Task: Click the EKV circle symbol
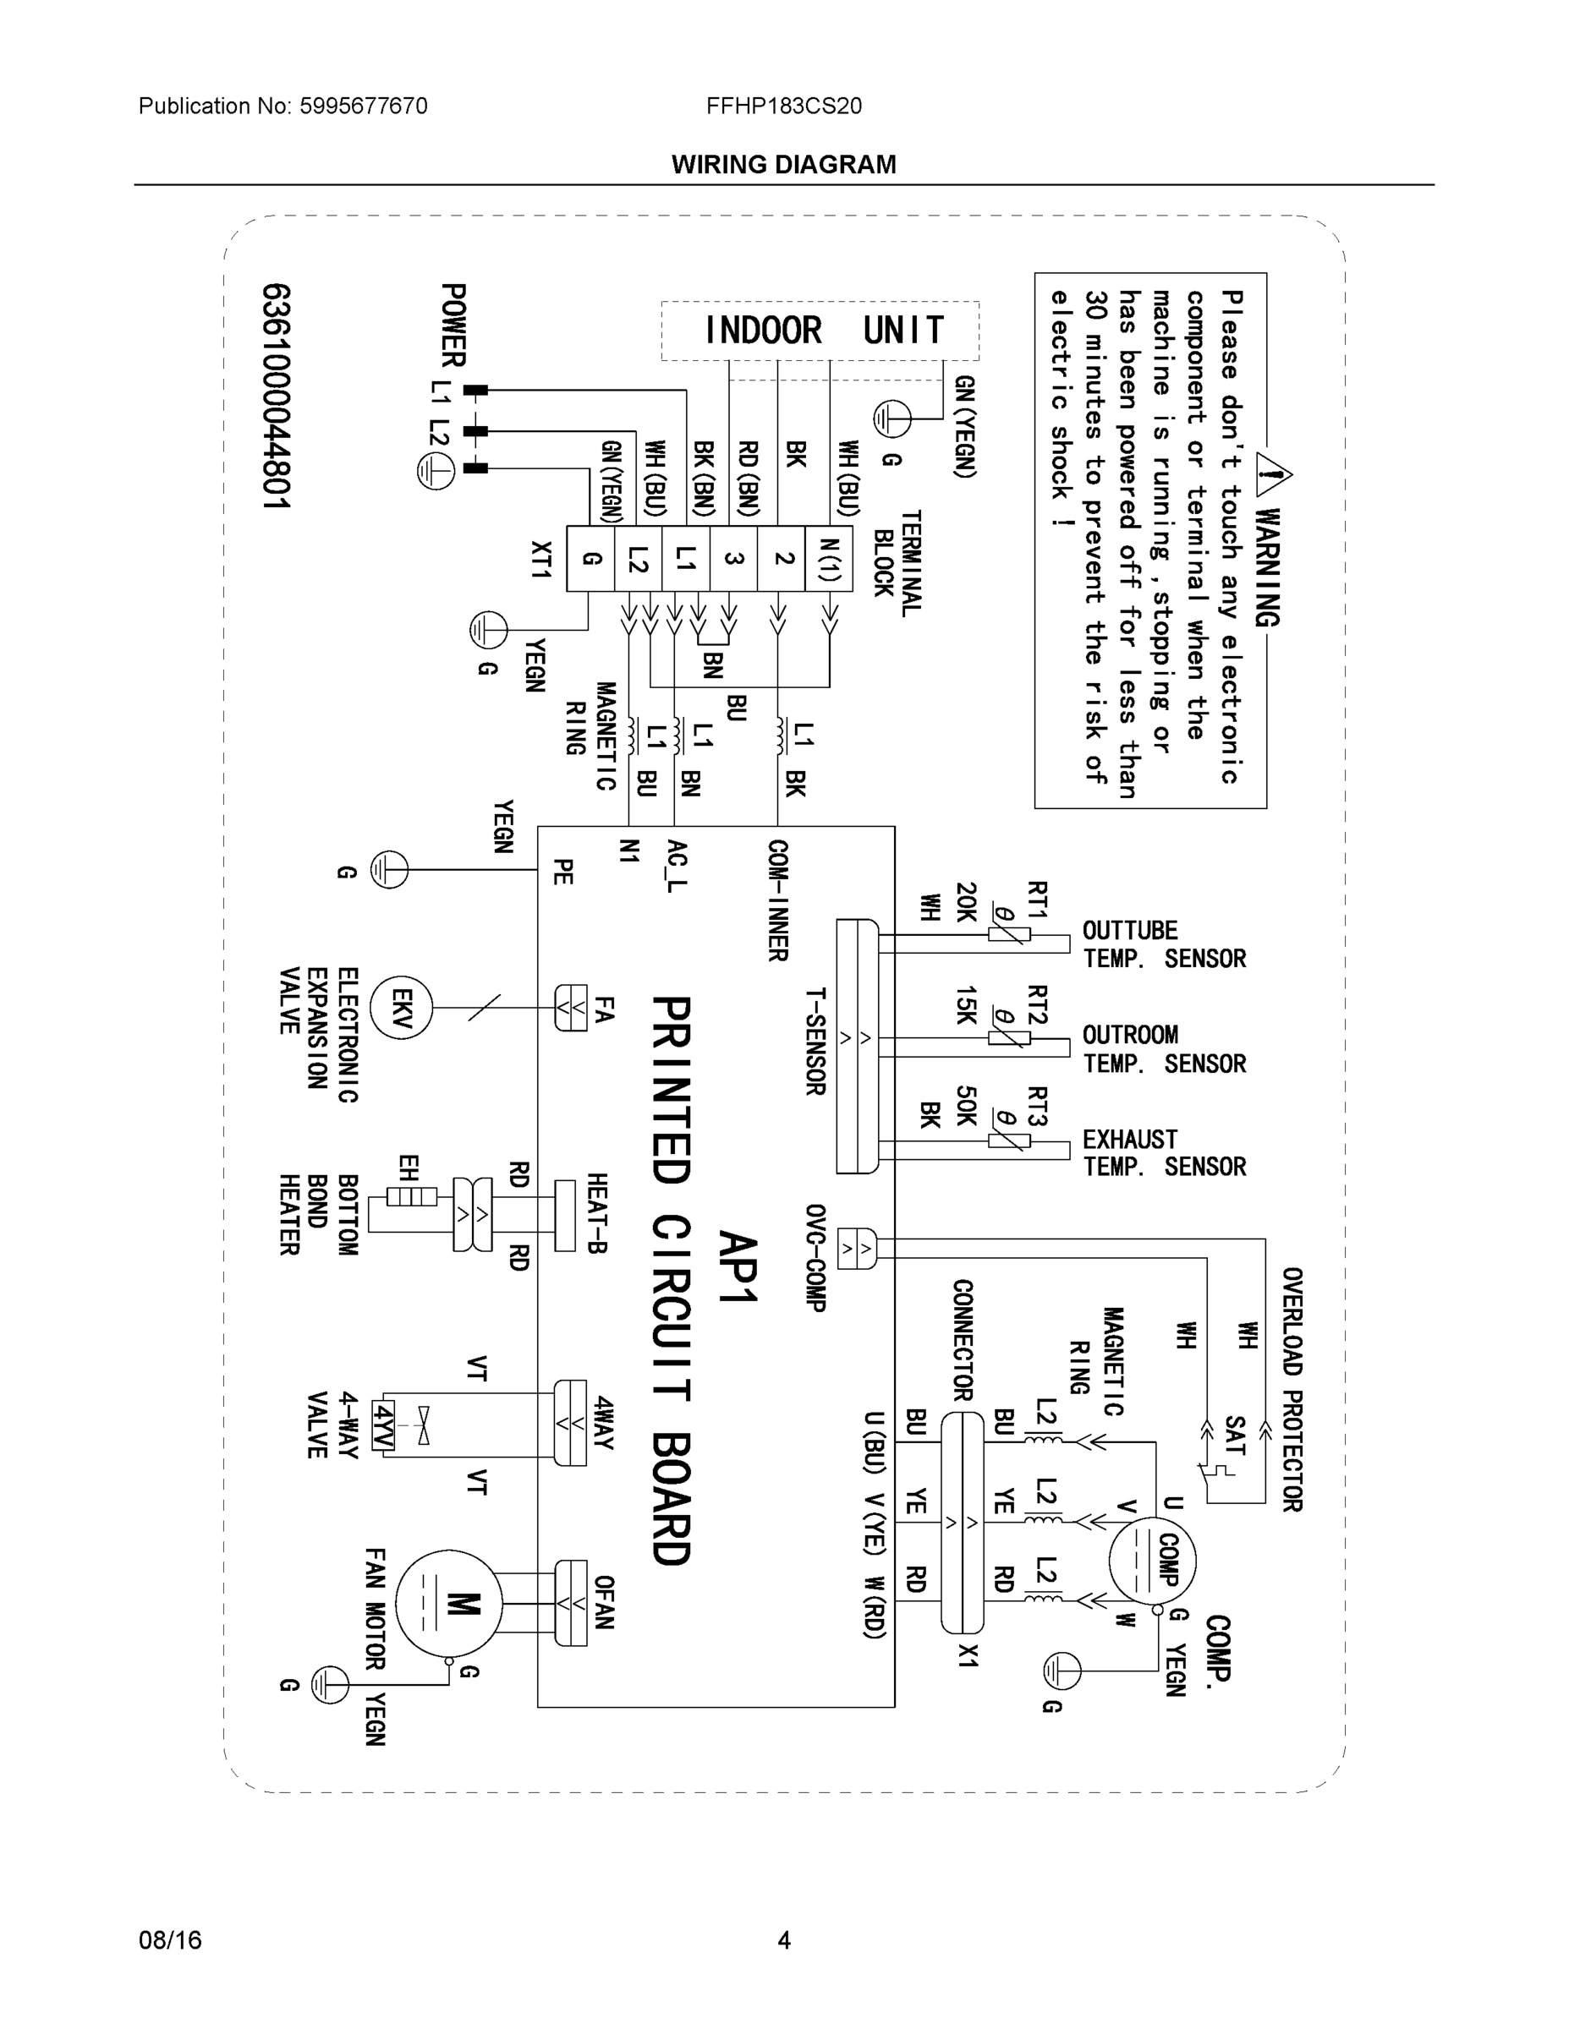click(x=401, y=1008)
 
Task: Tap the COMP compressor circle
click(x=1153, y=1560)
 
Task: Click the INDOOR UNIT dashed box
click(x=820, y=330)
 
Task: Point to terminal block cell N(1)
click(x=830, y=558)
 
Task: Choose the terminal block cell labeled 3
click(x=733, y=558)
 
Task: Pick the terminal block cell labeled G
click(x=590, y=558)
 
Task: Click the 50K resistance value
click(x=966, y=1106)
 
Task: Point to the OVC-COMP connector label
click(x=816, y=1258)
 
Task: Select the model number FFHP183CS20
click(x=783, y=106)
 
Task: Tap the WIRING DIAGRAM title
click(x=783, y=165)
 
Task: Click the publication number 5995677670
click(x=363, y=106)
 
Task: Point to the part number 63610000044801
click(x=276, y=397)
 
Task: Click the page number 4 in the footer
click(x=783, y=1940)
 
